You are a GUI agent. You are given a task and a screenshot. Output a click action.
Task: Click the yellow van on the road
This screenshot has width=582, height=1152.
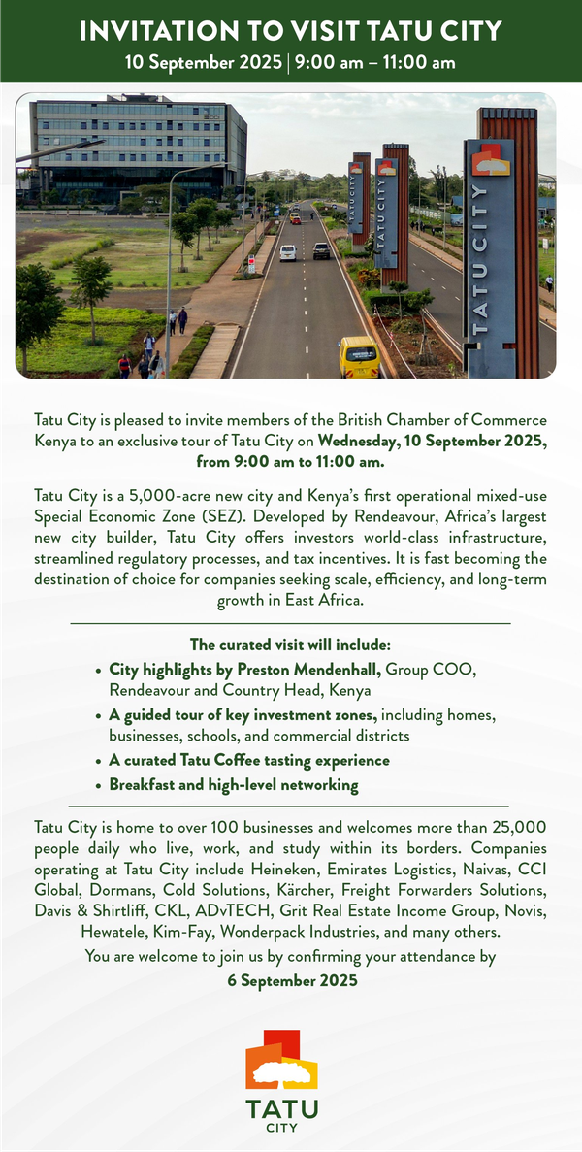click(x=358, y=357)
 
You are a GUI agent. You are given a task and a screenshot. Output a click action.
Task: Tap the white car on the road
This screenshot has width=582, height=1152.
click(x=288, y=252)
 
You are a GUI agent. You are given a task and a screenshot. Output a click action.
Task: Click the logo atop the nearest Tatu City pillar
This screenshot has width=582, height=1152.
click(x=491, y=160)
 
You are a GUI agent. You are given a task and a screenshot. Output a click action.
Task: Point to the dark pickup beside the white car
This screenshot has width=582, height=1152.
click(x=321, y=250)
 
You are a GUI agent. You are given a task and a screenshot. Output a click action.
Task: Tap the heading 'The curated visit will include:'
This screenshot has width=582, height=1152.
click(x=290, y=644)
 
